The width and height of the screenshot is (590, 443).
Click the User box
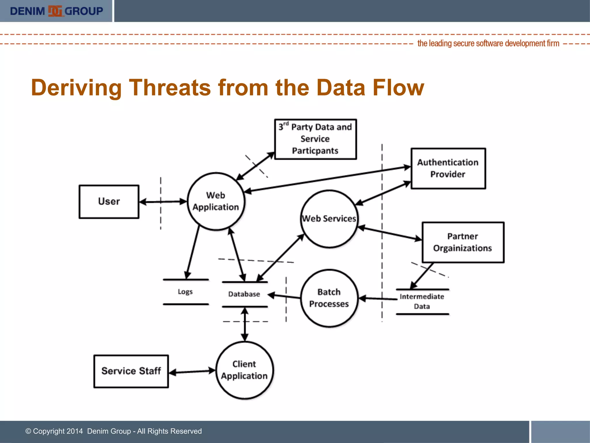[x=109, y=202]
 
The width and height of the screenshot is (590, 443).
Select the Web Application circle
[x=216, y=201]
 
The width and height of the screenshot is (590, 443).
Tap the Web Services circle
[x=329, y=219]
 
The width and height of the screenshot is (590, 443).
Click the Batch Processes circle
[x=329, y=298]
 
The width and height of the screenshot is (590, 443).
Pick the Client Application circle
[x=244, y=370]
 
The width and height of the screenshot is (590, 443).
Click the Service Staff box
[x=131, y=371]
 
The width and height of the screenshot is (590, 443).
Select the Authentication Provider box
[x=448, y=168]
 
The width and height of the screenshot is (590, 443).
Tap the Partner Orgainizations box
[x=463, y=242]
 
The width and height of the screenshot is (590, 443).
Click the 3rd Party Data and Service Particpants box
[x=315, y=139]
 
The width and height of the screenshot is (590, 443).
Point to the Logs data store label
[x=185, y=292]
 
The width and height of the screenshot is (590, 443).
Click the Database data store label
[x=244, y=294]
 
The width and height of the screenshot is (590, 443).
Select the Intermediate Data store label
[x=422, y=301]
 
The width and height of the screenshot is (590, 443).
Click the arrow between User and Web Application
[x=163, y=202]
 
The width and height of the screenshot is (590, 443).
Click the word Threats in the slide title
[x=170, y=87]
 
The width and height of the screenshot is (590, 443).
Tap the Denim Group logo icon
[x=55, y=11]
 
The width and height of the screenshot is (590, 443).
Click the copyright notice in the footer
[x=114, y=431]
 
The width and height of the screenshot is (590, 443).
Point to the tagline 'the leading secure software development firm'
[x=488, y=44]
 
